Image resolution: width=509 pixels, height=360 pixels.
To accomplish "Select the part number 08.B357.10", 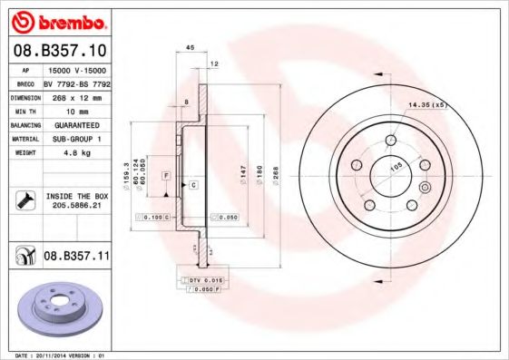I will pyautogui.click(x=60, y=52).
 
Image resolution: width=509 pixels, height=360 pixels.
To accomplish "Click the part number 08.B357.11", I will pyautogui.click(x=76, y=257).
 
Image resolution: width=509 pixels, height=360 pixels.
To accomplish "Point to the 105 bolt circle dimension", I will pyautogui.click(x=396, y=167).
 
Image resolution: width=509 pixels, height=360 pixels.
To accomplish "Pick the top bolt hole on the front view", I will pyautogui.click(x=390, y=140).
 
